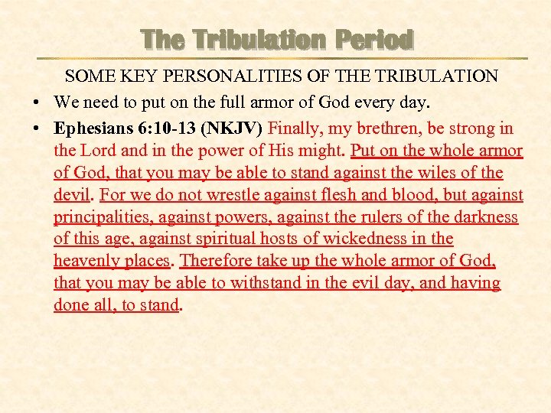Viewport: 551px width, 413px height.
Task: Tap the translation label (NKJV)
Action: pos(232,128)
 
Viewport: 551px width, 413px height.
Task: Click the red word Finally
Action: pos(298,128)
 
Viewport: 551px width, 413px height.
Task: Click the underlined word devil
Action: pos(71,195)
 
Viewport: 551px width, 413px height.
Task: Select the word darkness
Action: pos(488,217)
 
